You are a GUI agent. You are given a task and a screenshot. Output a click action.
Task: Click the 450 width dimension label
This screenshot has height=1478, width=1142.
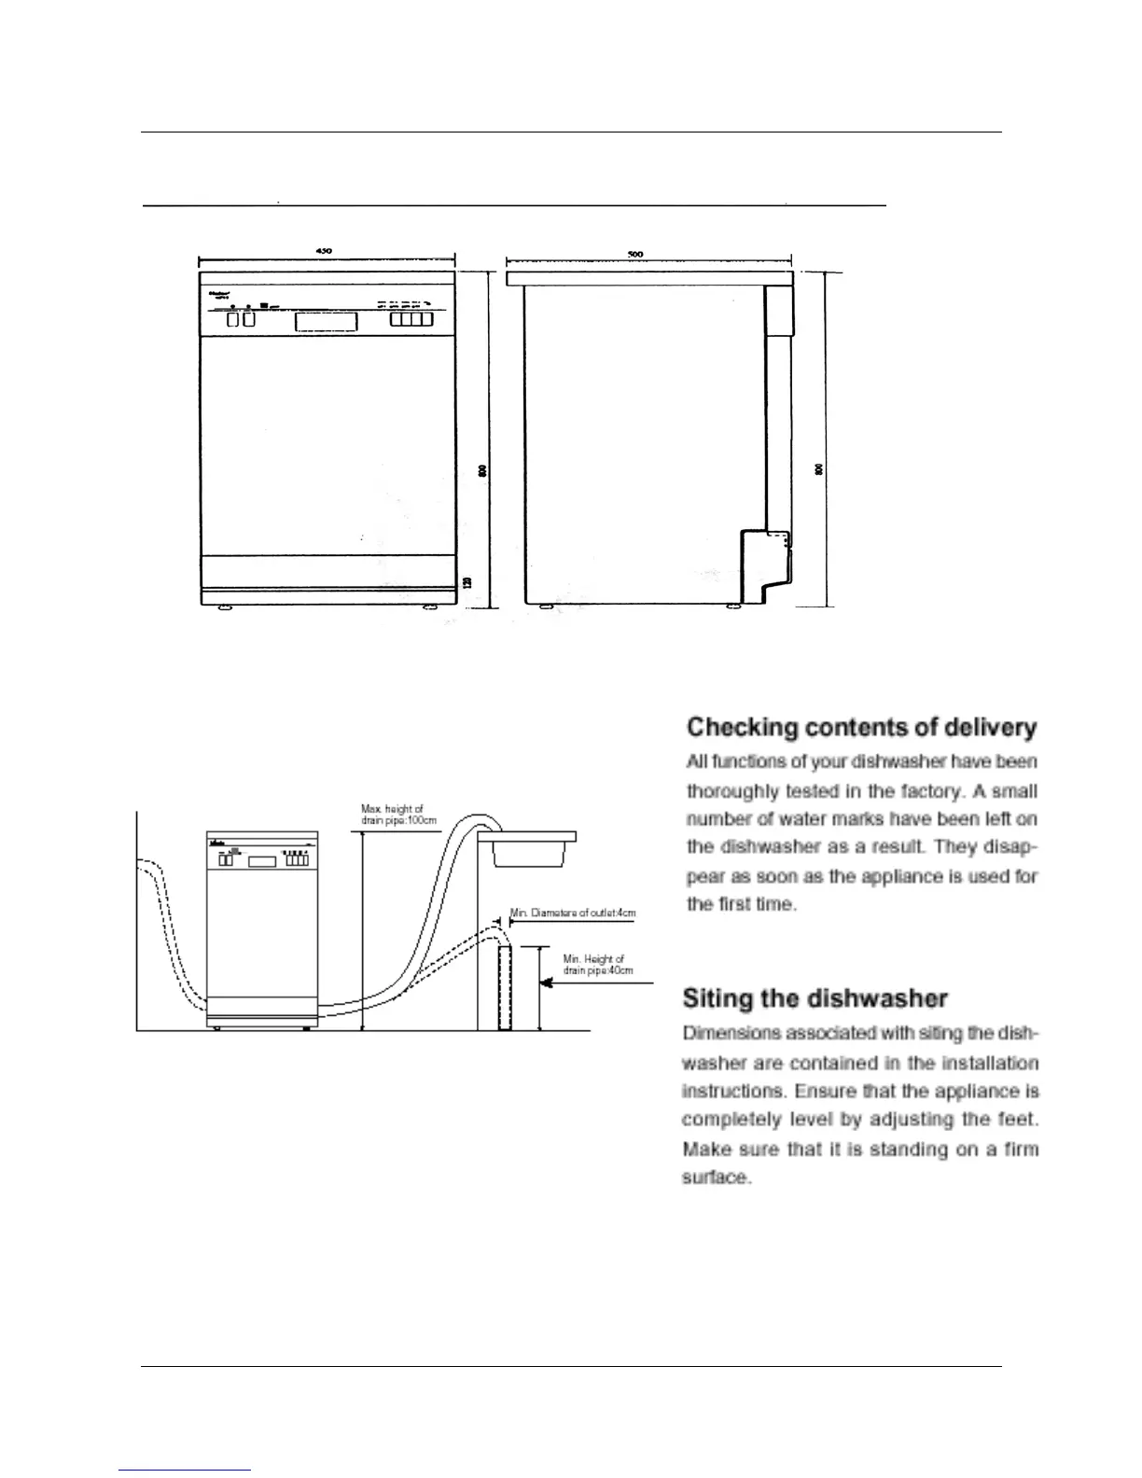click(324, 250)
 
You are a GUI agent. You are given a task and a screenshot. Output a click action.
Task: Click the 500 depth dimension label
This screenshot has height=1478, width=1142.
click(635, 254)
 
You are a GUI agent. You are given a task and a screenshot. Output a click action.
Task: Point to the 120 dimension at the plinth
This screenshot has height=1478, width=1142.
click(467, 581)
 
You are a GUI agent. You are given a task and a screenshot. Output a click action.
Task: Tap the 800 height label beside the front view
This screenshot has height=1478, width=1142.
click(482, 472)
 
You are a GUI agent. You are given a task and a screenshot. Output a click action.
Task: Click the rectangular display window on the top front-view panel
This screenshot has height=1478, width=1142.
click(326, 321)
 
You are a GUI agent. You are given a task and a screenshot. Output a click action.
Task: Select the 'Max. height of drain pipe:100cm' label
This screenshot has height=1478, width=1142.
click(398, 815)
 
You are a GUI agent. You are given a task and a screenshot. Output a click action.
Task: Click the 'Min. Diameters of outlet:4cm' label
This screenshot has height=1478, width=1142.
click(573, 913)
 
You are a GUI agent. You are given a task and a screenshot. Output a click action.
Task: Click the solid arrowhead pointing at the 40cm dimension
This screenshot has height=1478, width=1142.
click(550, 983)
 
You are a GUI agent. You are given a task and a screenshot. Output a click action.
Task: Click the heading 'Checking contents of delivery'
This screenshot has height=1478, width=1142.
click(861, 728)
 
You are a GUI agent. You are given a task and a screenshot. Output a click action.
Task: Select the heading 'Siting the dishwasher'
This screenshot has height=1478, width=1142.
click(815, 998)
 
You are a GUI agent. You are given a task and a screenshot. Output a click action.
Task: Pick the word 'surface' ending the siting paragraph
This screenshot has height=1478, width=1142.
click(716, 1178)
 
